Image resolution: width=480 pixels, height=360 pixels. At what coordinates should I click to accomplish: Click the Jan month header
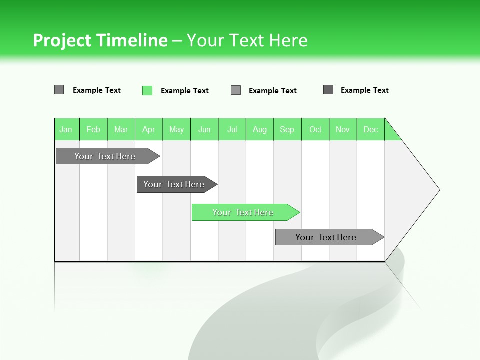[x=66, y=129]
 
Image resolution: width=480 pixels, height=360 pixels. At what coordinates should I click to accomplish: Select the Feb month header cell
[x=93, y=129]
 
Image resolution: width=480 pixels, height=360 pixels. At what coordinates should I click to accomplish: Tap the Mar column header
[x=121, y=129]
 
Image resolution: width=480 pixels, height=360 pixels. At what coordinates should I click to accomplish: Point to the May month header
[x=176, y=129]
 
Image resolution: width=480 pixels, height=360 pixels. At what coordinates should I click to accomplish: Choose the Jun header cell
[x=204, y=129]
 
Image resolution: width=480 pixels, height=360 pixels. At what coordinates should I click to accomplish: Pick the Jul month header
[x=232, y=129]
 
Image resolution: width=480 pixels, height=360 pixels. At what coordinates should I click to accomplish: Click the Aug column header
[x=260, y=129]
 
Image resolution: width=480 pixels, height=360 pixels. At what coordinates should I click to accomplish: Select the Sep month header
[x=287, y=129]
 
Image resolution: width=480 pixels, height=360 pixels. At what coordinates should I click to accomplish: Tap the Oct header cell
[x=315, y=129]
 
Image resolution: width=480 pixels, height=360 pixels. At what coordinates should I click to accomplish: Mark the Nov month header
[x=343, y=129]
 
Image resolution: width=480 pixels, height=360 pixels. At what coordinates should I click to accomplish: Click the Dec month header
[x=371, y=129]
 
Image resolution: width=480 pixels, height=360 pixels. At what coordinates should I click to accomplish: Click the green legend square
[x=147, y=90]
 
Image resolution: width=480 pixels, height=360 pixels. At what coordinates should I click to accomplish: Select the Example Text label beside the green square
[x=184, y=91]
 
